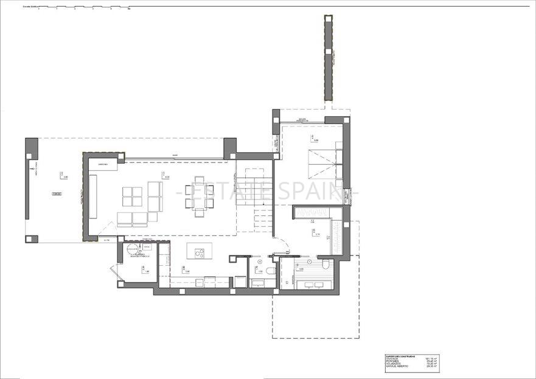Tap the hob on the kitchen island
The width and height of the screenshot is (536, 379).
[x=198, y=251]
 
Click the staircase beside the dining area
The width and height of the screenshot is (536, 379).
[x=254, y=198]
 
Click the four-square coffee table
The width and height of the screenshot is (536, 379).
[x=132, y=196]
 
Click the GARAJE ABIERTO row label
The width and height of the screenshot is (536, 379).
[x=397, y=366]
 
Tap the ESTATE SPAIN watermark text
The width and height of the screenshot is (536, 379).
[x=268, y=191]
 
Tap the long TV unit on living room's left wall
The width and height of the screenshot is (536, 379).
[x=93, y=196]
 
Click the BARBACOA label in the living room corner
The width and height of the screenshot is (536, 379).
[x=104, y=165]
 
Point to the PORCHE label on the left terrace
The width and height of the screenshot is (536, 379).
[x=56, y=193]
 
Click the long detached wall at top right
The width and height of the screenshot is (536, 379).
[x=328, y=58]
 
